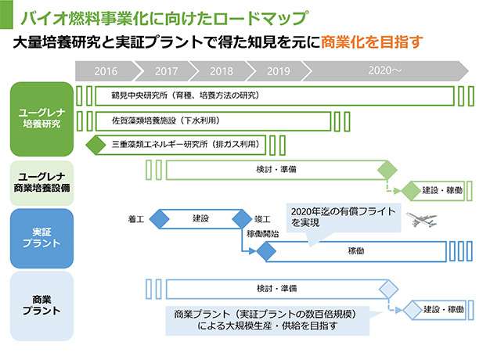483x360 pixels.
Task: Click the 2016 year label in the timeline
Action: coord(105,70)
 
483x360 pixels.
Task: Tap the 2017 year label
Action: coord(167,70)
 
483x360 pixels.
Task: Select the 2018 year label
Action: coord(222,70)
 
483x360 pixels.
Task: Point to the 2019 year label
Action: coord(278,70)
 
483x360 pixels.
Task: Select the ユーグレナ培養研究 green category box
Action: coord(41,119)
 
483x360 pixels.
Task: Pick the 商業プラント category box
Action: coord(41,306)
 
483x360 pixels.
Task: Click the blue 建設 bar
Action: coord(200,218)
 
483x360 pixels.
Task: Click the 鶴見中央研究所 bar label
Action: coord(185,96)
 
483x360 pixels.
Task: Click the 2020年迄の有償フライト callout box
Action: coord(341,218)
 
